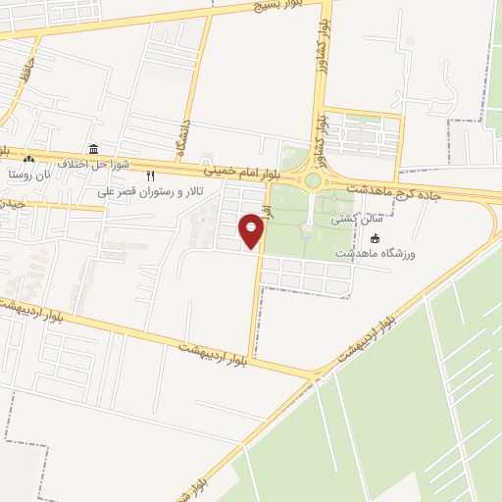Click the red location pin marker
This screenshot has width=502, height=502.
pos(252,230)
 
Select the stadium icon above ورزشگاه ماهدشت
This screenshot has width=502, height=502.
pos(375,237)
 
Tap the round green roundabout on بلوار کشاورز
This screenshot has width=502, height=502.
pos(313,180)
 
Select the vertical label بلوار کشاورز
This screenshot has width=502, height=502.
pos(320,136)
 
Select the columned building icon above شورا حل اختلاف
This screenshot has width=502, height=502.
pos(93,149)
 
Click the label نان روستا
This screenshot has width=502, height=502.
pos(28,174)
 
